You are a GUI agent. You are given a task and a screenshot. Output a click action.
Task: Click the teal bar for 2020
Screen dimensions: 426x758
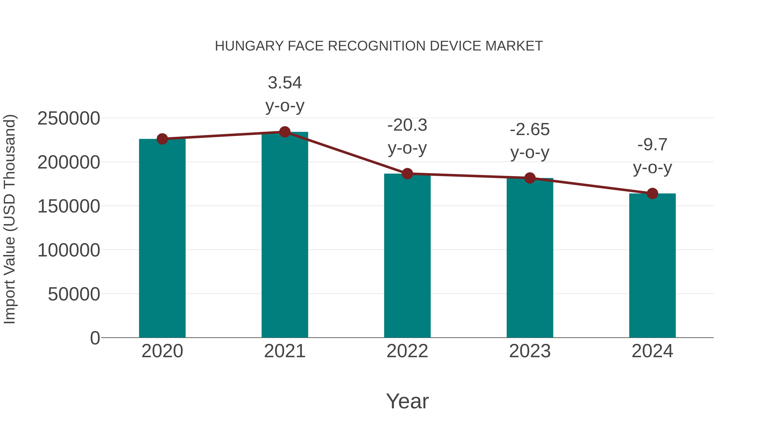(x=162, y=238)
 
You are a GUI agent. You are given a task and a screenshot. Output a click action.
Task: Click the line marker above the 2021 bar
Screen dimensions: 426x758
(x=284, y=132)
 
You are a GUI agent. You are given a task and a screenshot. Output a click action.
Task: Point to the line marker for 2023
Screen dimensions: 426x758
(x=530, y=178)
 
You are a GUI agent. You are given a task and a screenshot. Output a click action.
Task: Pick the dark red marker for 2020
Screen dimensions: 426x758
(x=162, y=139)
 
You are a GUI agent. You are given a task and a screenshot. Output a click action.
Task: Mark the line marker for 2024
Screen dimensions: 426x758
(x=652, y=194)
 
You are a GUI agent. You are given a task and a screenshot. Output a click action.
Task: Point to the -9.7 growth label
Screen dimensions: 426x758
(x=652, y=156)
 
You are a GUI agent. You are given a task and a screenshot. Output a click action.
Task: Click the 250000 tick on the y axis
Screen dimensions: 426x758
(x=69, y=118)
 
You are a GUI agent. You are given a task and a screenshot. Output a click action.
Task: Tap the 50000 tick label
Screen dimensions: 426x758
(x=74, y=294)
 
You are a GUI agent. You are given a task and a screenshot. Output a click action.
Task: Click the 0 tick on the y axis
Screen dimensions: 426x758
(x=95, y=338)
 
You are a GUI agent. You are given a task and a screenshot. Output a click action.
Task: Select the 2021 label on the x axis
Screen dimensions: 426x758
(x=284, y=351)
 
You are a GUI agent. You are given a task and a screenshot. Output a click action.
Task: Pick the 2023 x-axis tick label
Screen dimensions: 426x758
(x=530, y=351)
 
